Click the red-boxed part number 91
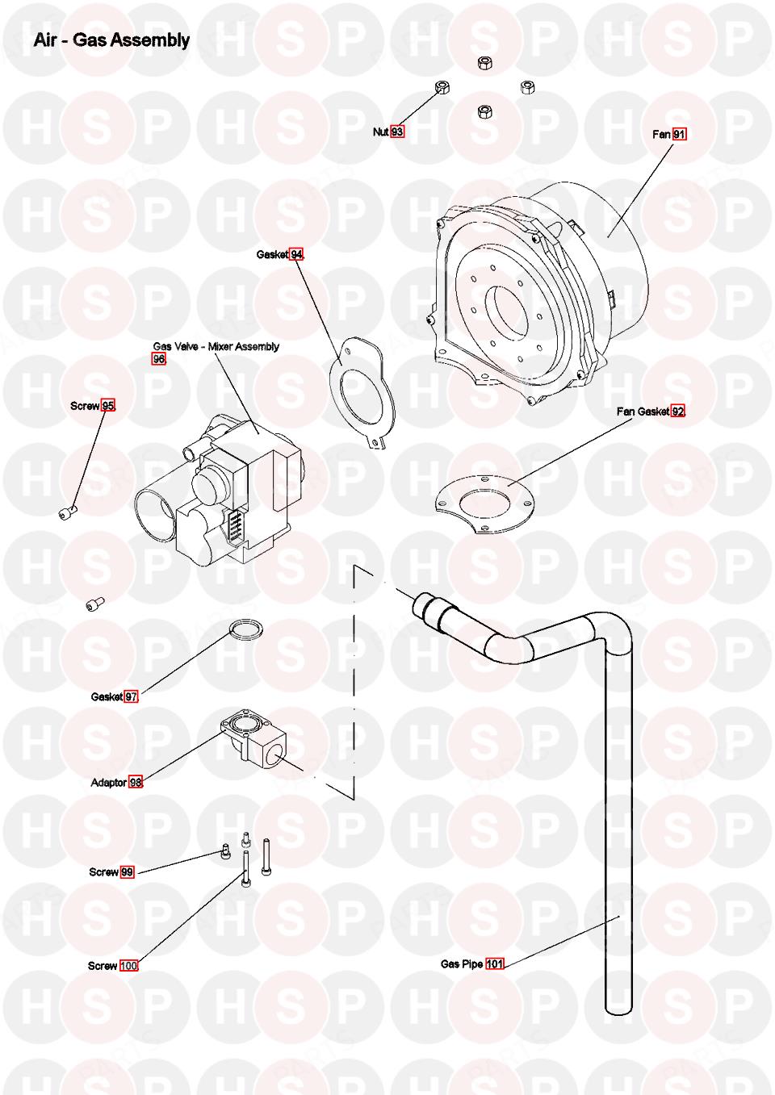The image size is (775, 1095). pos(680,134)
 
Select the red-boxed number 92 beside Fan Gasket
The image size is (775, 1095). pos(678,412)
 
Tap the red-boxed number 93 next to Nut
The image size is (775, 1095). pos(397,132)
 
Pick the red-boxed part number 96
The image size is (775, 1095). pos(159,359)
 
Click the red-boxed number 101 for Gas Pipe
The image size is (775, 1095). pos(494,963)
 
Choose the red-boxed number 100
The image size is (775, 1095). pos(129,966)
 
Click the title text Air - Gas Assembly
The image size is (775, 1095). pos(111,40)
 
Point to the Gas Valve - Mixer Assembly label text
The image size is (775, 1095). pos(216,346)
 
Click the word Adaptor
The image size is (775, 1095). pos(109,782)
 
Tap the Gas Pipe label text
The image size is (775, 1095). pos(462,963)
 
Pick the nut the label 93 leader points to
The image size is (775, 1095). pos(442,87)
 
